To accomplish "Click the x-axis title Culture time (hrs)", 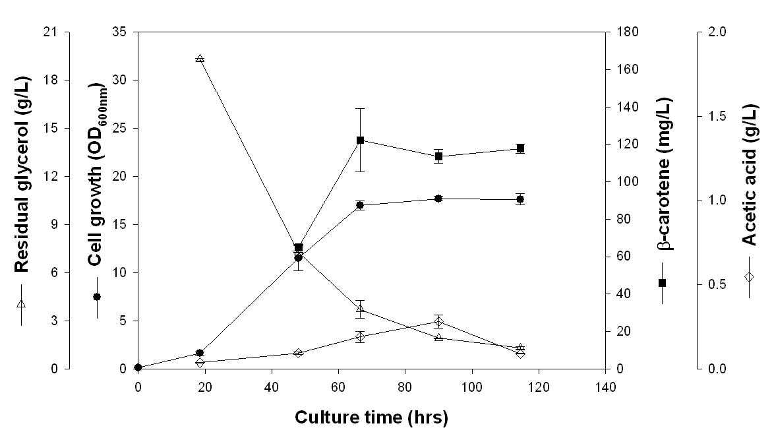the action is tap(371, 418).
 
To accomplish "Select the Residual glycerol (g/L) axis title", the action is tap(22, 174).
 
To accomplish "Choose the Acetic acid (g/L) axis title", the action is tap(750, 175).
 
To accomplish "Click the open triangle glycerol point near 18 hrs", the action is tap(200, 58).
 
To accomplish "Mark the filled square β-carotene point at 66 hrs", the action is tap(361, 141).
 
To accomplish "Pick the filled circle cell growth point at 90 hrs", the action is tap(438, 199).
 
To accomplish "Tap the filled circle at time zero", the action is tap(138, 367).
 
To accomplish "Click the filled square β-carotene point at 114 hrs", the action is tap(520, 148).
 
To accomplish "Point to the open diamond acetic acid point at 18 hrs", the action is tap(200, 363).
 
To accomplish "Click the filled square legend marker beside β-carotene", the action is tap(663, 283).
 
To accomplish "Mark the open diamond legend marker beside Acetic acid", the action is tap(749, 277).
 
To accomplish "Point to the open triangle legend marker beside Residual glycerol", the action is tap(21, 303).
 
